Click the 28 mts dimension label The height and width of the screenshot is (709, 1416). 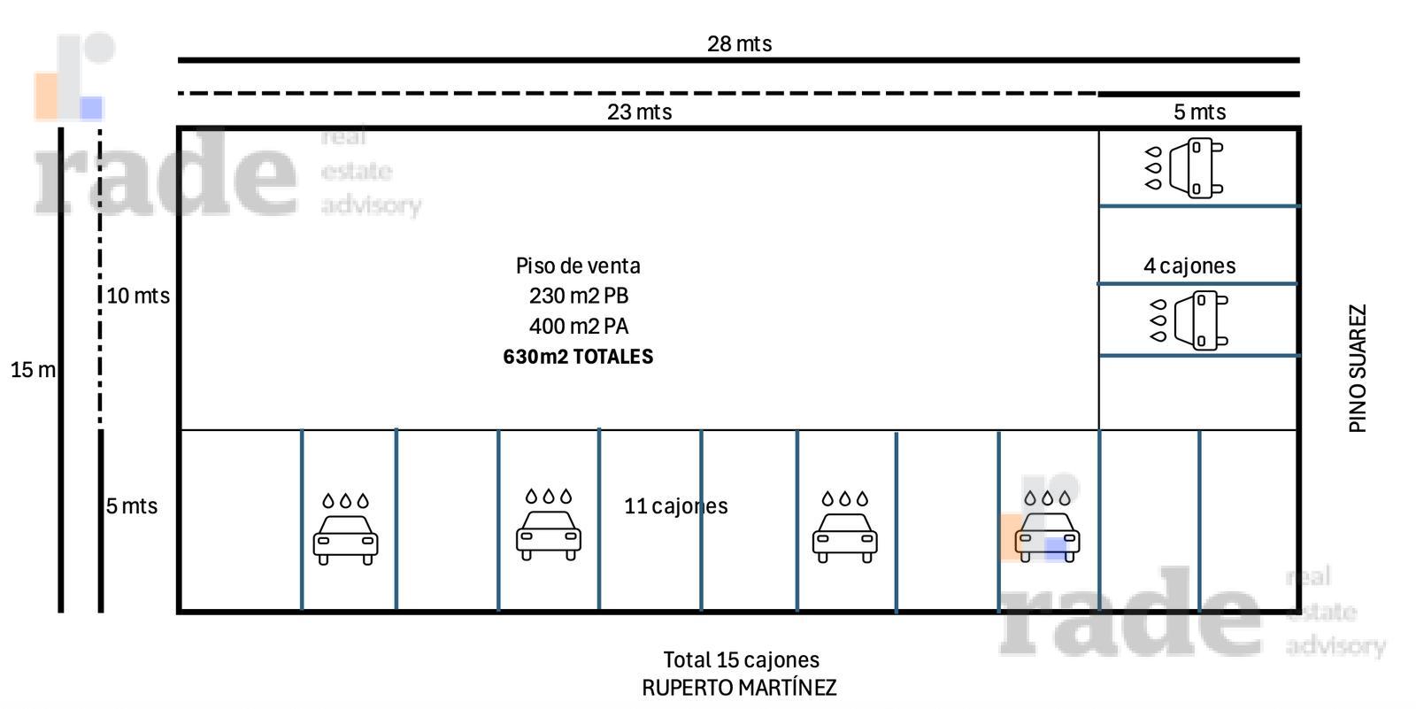tap(739, 43)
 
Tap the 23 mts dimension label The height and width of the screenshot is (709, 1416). tap(639, 112)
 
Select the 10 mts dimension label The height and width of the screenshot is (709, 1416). tap(138, 296)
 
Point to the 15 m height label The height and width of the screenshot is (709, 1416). tap(32, 369)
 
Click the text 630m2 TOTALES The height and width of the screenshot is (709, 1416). tap(578, 357)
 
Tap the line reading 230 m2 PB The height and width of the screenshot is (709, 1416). tap(579, 296)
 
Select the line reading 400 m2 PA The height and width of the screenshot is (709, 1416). tap(579, 327)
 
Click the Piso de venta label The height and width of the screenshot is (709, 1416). tap(578, 266)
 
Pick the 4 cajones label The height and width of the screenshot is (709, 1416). tap(1189, 266)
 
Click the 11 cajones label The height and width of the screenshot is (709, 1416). tap(676, 506)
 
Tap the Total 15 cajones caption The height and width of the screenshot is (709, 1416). tap(741, 659)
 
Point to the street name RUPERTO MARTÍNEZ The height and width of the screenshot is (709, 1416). tap(739, 688)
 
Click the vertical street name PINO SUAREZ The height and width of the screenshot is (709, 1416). tap(1358, 368)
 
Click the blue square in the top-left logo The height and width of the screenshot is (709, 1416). tap(91, 108)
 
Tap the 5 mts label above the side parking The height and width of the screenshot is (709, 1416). tap(1199, 112)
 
